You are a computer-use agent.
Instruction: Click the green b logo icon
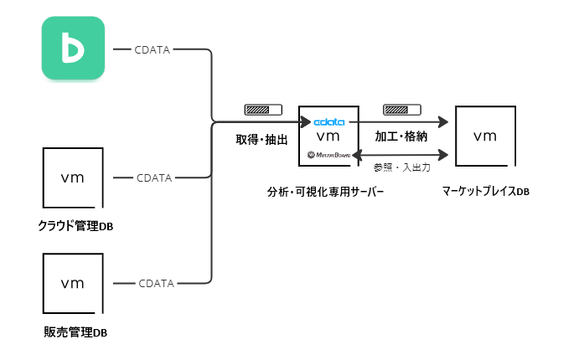pos(74,49)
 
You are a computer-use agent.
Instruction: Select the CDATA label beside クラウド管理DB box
pos(154,177)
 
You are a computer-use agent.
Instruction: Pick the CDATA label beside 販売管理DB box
pos(157,283)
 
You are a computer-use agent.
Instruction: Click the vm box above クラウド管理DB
pos(73,178)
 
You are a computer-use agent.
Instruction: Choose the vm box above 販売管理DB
pos(73,284)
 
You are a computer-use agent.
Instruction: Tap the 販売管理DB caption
pos(75,332)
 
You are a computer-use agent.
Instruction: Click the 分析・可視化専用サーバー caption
pos(328,192)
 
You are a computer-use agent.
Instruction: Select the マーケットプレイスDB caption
pos(486,192)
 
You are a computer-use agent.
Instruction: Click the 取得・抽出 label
pos(261,140)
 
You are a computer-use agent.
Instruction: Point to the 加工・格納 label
pos(402,136)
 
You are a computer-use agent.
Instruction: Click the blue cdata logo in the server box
pos(328,121)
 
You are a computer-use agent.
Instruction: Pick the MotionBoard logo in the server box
pos(328,155)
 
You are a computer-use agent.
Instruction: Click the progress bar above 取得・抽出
pos(263,110)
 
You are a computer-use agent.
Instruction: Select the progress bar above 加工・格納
pos(401,110)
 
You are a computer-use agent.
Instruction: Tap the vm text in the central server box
pos(328,136)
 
